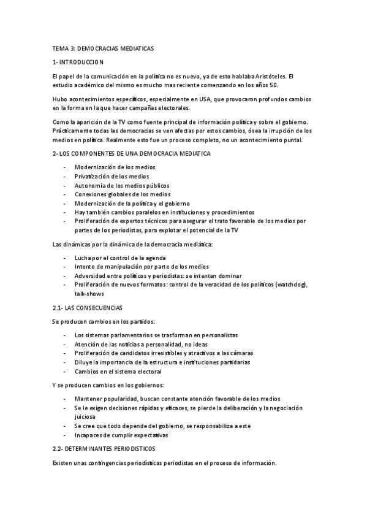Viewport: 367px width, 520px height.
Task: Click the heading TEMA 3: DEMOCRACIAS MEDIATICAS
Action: pyautogui.click(x=104, y=48)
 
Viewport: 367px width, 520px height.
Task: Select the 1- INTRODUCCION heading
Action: pyautogui.click(x=78, y=62)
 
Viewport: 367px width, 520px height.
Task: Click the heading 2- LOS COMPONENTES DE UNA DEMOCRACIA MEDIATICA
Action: pyautogui.click(x=132, y=153)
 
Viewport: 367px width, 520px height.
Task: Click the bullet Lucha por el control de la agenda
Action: pyautogui.click(x=120, y=258)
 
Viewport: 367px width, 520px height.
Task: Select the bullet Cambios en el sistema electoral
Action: pyautogui.click(x=118, y=371)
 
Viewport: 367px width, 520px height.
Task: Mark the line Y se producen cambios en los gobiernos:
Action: pyautogui.click(x=108, y=385)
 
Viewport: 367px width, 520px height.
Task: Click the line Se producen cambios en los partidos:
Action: pyautogui.click(x=104, y=321)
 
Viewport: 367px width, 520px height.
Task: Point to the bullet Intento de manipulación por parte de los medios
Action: pyautogui.click(x=140, y=267)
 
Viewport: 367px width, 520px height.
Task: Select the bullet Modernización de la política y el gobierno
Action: pyautogui.click(x=132, y=203)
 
